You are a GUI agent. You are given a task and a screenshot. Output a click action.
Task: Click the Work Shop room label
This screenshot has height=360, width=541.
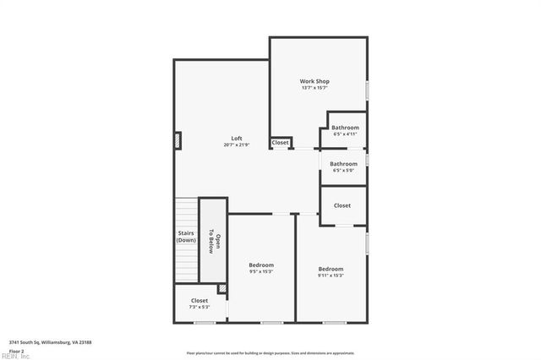click(x=314, y=81)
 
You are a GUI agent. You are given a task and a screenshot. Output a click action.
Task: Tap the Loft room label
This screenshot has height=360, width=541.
click(x=237, y=139)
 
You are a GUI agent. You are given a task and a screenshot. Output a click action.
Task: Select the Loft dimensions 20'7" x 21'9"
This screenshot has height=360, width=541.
click(x=237, y=145)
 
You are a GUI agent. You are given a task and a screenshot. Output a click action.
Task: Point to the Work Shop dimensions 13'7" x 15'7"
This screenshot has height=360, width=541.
click(x=314, y=88)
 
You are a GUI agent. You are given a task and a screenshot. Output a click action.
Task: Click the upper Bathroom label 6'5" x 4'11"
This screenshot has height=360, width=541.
click(x=345, y=128)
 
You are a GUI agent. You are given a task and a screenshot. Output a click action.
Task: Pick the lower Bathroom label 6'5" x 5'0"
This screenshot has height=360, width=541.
click(x=343, y=165)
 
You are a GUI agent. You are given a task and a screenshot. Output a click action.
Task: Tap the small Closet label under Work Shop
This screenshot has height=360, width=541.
click(x=280, y=143)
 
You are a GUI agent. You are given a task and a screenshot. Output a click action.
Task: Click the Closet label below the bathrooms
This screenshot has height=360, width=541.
click(x=342, y=205)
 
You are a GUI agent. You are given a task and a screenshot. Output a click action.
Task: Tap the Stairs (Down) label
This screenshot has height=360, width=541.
click(x=186, y=237)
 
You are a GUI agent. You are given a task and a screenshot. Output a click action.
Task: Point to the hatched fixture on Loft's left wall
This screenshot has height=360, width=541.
click(x=178, y=140)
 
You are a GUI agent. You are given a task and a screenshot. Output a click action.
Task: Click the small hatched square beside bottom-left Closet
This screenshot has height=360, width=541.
click(x=222, y=289)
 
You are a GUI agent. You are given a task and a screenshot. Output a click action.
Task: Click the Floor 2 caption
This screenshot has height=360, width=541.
click(x=17, y=350)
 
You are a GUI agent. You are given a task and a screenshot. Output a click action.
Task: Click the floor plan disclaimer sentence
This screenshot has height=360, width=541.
click(x=270, y=352)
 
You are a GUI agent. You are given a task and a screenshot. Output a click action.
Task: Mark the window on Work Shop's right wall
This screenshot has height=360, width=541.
click(x=367, y=90)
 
